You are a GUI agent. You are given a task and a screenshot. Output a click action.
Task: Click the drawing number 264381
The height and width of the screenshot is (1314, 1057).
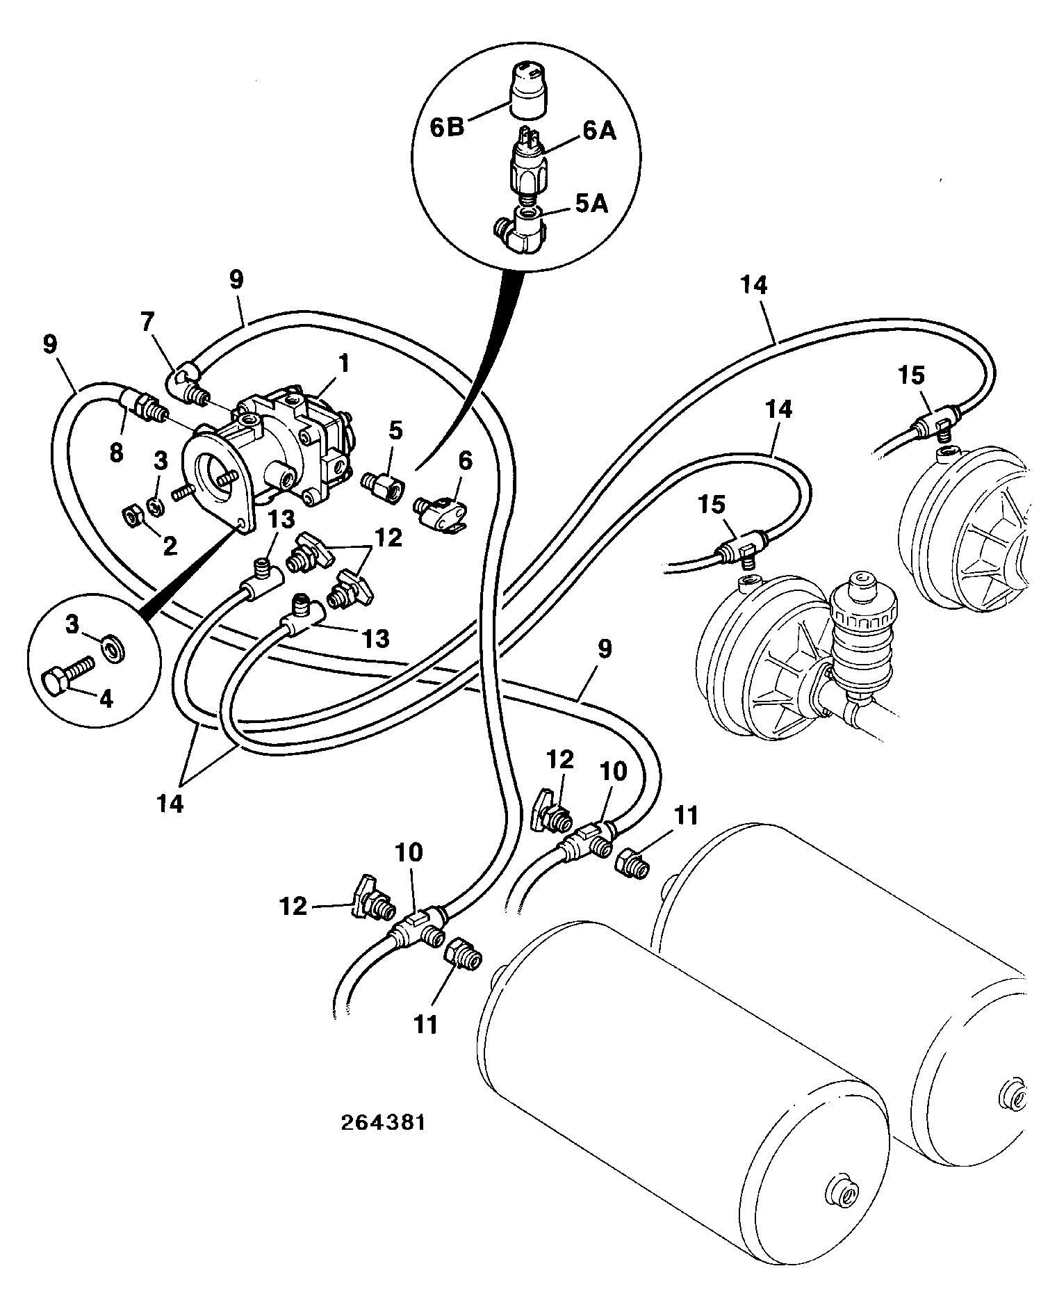382,1124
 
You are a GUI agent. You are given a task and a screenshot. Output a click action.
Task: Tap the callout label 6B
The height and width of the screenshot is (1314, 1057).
446,129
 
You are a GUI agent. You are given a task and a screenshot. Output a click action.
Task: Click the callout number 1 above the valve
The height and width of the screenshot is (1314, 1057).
345,363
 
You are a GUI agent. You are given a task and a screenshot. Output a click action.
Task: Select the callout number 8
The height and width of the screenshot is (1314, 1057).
117,453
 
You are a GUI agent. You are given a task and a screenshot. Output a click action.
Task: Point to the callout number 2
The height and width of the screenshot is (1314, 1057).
170,546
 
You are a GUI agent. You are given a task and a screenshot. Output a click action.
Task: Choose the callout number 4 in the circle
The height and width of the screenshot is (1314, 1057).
106,698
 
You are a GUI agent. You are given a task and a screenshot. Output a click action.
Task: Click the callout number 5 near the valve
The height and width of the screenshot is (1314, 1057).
395,430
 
